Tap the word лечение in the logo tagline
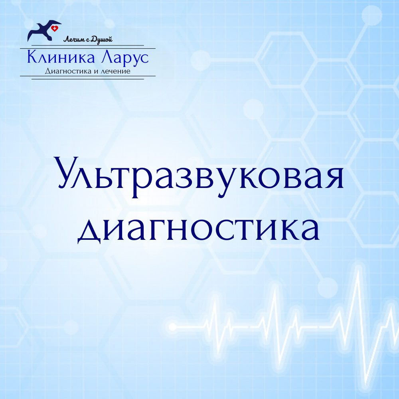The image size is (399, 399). [115, 71]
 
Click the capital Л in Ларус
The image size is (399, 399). [107, 57]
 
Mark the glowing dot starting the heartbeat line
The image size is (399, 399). [172, 326]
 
